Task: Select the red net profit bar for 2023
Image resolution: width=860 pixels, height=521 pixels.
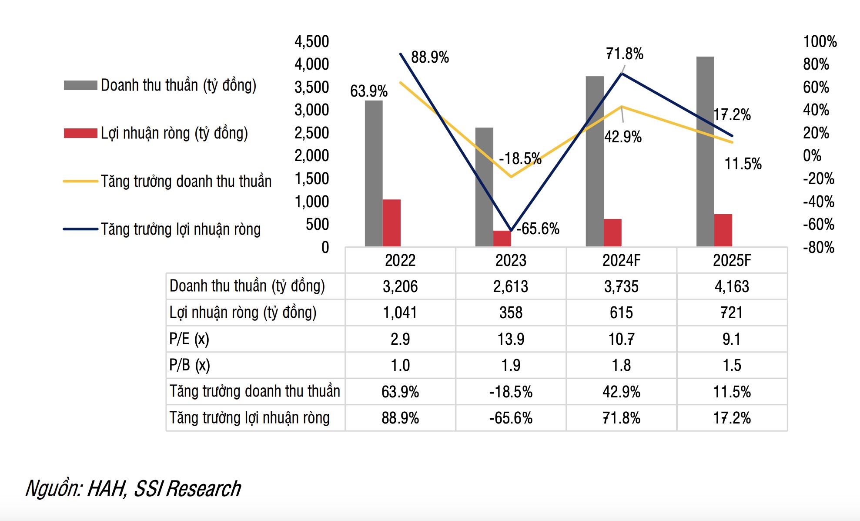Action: [502, 239]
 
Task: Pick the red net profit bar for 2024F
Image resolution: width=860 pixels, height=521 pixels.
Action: [612, 232]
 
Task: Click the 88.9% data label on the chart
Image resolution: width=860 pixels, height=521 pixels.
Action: [430, 57]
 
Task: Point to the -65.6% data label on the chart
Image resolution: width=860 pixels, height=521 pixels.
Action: [538, 229]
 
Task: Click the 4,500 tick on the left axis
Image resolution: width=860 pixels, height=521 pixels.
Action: [311, 42]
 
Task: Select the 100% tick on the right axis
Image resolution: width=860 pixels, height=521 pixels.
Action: [820, 42]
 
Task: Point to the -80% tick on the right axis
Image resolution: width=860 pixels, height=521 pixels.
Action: [818, 248]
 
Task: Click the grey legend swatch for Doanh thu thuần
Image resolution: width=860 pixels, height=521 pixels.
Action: [80, 85]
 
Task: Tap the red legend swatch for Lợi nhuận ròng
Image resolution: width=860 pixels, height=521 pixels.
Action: [80, 133]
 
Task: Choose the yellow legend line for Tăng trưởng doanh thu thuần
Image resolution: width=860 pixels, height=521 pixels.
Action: [80, 181]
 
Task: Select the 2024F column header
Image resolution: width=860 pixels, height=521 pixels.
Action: [621, 260]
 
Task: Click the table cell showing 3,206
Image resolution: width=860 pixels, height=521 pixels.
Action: [400, 286]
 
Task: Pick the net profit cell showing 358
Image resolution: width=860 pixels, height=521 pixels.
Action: [511, 313]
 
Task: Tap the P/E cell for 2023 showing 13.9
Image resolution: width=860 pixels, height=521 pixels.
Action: [511, 339]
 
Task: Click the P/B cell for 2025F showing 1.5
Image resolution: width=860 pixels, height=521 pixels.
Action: [732, 365]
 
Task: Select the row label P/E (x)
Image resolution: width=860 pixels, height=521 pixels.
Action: [189, 339]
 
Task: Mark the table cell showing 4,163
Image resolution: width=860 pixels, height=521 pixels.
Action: [732, 286]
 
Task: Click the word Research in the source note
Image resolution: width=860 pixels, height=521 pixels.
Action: [204, 489]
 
